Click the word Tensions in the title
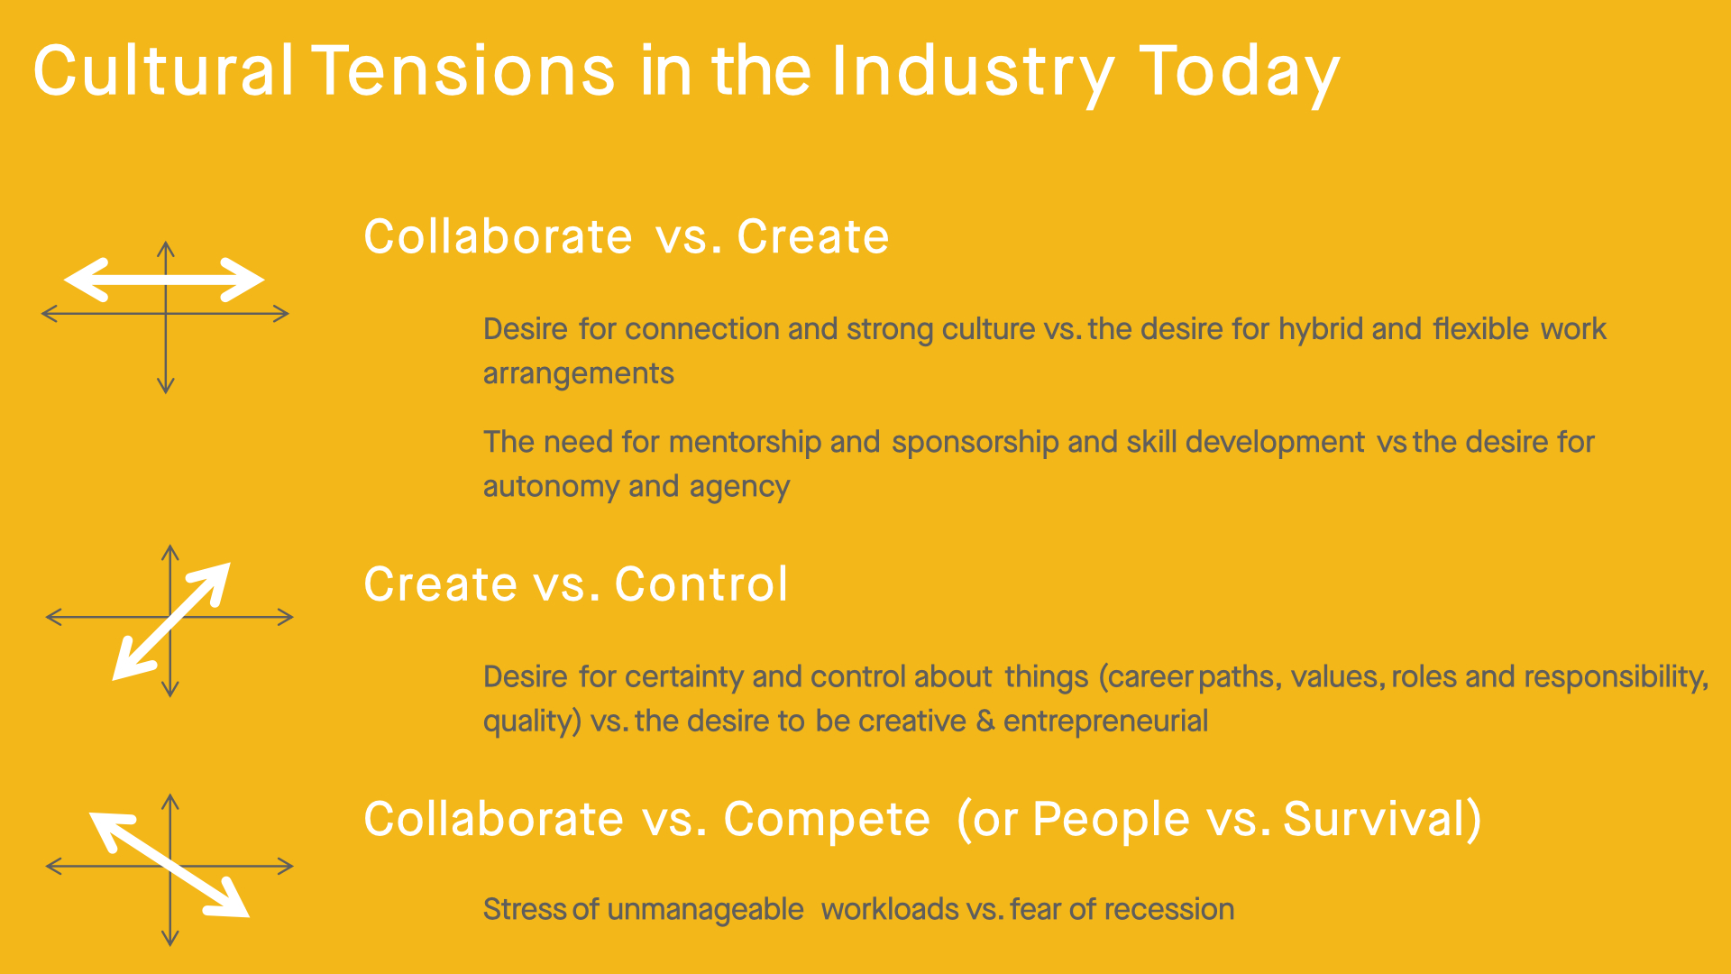tap(463, 70)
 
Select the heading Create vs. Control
tap(576, 583)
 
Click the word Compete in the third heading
tap(827, 820)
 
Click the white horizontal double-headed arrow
tap(164, 280)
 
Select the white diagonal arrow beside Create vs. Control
tap(171, 621)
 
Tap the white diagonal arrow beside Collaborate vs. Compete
tap(169, 864)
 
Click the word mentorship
tap(745, 442)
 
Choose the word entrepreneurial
tap(1105, 721)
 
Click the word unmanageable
tap(705, 909)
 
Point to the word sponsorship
tap(975, 442)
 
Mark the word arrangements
tap(579, 374)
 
